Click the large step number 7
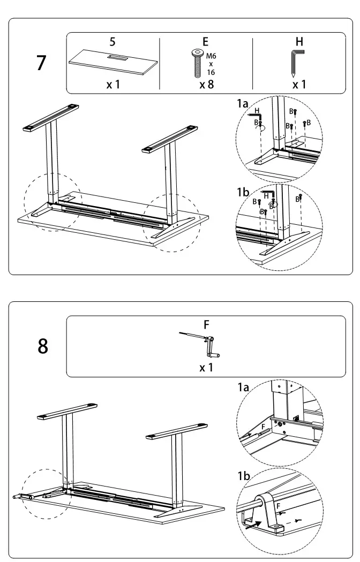[x=41, y=63]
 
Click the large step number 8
[x=43, y=346]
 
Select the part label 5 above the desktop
[x=112, y=41]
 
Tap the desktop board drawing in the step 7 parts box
[x=114, y=63]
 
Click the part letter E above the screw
[x=206, y=41]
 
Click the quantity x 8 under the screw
[x=206, y=85]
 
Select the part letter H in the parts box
[x=299, y=41]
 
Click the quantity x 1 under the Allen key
[x=299, y=85]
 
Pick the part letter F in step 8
[x=206, y=324]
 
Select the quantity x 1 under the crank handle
[x=206, y=368]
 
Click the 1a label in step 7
[x=242, y=104]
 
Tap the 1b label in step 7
[x=243, y=192]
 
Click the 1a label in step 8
[x=243, y=387]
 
